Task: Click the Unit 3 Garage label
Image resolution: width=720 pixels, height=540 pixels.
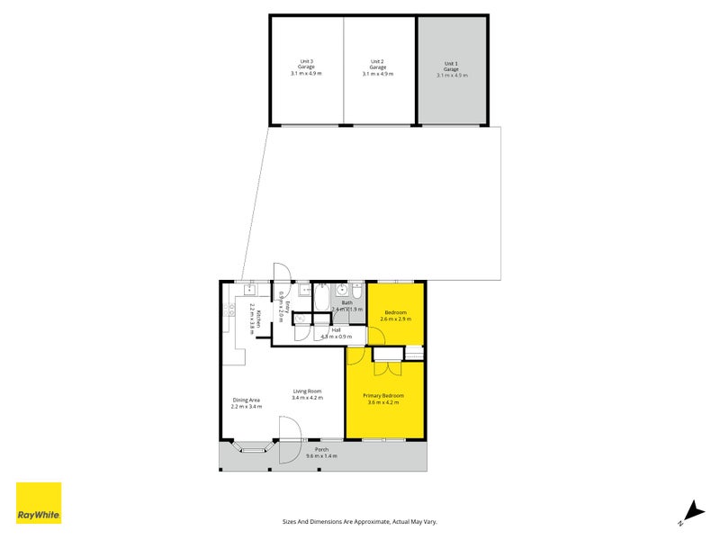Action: coord(307,67)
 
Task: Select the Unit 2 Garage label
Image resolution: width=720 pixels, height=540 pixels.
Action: coord(378,67)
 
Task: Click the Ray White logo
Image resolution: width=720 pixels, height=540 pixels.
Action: coord(39,503)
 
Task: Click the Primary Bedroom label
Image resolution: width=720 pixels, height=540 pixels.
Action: coord(383,399)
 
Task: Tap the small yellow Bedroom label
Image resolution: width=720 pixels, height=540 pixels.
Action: coord(396,315)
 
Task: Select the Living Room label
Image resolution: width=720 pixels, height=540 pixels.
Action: coord(307,394)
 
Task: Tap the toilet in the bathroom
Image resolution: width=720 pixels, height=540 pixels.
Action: coord(356,292)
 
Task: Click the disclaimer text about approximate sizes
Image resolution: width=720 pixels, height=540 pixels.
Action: coord(360,521)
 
